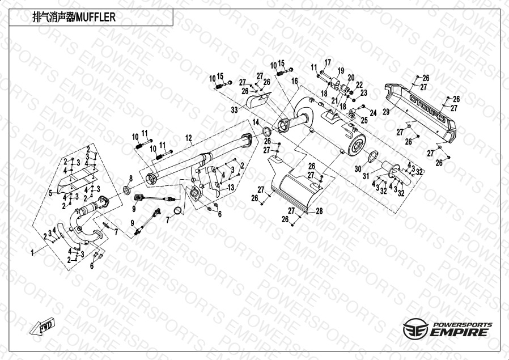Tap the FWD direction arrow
[x=43, y=327]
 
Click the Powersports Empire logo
[x=448, y=328]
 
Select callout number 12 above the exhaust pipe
[x=189, y=137]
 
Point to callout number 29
[x=387, y=112]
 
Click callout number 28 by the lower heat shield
[x=319, y=211]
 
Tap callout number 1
[x=32, y=249]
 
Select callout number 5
[x=50, y=193]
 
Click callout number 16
[x=295, y=82]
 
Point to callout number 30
[x=358, y=168]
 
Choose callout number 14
[x=256, y=122]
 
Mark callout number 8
[x=130, y=178]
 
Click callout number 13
[x=231, y=187]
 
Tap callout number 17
[x=327, y=62]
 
